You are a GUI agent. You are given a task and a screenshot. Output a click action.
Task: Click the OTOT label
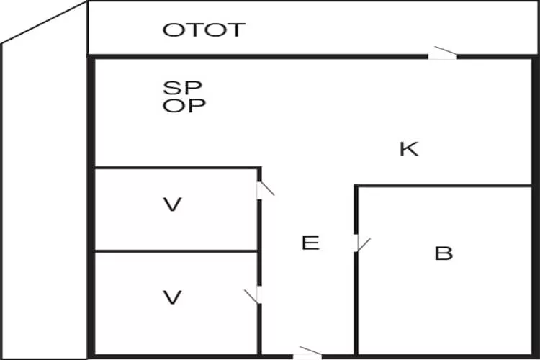[x=204, y=30]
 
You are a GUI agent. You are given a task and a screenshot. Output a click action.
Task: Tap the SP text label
[x=182, y=88]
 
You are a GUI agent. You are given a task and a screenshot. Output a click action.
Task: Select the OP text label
[x=184, y=105]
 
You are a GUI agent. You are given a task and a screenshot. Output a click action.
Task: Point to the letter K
[x=409, y=149]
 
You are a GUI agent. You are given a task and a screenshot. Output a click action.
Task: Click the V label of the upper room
[x=172, y=204]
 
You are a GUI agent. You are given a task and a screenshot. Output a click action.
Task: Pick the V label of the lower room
[x=172, y=297]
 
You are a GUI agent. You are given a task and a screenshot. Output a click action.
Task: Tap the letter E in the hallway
[x=310, y=243]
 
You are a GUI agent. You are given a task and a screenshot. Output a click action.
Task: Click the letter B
[x=444, y=253]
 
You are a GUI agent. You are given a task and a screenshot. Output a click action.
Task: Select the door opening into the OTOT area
[x=443, y=53]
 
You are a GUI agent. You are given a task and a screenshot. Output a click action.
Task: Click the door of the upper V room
[x=265, y=190]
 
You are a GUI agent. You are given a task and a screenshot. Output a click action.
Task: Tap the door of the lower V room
[x=253, y=297]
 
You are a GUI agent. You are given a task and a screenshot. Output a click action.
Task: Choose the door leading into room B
[x=362, y=243]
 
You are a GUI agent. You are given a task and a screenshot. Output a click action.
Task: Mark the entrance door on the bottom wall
[x=307, y=353]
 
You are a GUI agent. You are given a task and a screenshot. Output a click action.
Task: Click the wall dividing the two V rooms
[x=176, y=251]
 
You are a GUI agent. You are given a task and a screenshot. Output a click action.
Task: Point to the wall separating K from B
[x=444, y=186]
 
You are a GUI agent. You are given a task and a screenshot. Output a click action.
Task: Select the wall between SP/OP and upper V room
[x=178, y=168]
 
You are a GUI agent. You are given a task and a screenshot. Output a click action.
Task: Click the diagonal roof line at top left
[x=44, y=22]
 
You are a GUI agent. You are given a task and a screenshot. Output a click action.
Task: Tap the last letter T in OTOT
[x=235, y=30]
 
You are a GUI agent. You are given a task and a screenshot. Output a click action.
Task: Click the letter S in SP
[x=171, y=88]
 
